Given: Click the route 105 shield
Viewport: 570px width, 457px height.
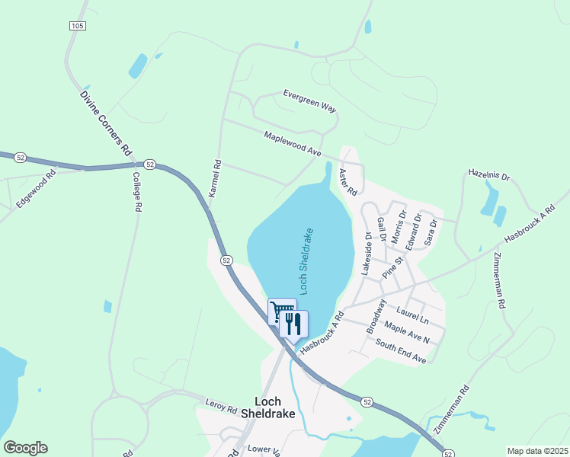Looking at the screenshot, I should [76, 26].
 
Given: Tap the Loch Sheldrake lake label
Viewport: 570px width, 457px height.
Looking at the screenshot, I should [306, 260].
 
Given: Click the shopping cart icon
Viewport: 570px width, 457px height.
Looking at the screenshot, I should [282, 311].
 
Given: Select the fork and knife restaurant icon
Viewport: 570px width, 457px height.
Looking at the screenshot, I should [293, 324].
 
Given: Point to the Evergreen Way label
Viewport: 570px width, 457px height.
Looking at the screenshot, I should [309, 101].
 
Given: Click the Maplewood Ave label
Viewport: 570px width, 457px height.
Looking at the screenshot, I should [292, 143].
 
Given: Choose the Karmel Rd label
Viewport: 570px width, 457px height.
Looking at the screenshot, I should [215, 178].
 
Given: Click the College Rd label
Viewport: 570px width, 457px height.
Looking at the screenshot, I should [137, 191].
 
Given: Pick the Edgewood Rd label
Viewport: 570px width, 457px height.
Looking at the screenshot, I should [37, 189].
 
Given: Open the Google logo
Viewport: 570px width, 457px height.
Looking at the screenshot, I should [25, 448].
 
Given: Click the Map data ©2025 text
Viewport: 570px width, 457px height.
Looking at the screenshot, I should [536, 451].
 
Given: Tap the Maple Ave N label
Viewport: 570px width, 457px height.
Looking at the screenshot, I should [407, 332].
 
